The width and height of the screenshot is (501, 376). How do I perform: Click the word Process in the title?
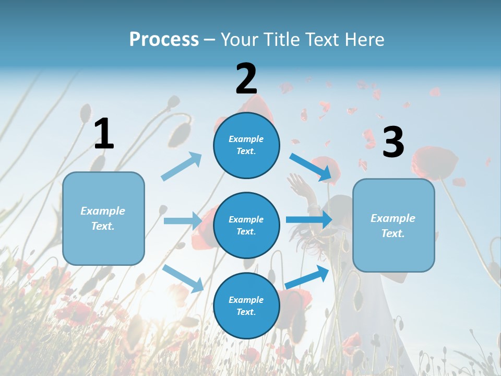[x=164, y=40]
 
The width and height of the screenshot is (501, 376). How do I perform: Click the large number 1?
[x=104, y=134]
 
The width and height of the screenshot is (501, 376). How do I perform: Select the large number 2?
[x=246, y=79]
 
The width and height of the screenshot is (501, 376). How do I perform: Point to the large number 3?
[x=393, y=142]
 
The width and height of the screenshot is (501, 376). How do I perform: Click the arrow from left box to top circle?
[x=182, y=166]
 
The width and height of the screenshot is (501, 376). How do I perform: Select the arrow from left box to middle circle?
[x=183, y=221]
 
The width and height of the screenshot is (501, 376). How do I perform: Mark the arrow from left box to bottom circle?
[x=183, y=278]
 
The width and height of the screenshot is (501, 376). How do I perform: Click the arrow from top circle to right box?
[x=311, y=167]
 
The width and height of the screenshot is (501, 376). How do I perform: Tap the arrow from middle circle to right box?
[x=308, y=219]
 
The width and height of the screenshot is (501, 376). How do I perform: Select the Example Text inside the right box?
[x=393, y=226]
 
